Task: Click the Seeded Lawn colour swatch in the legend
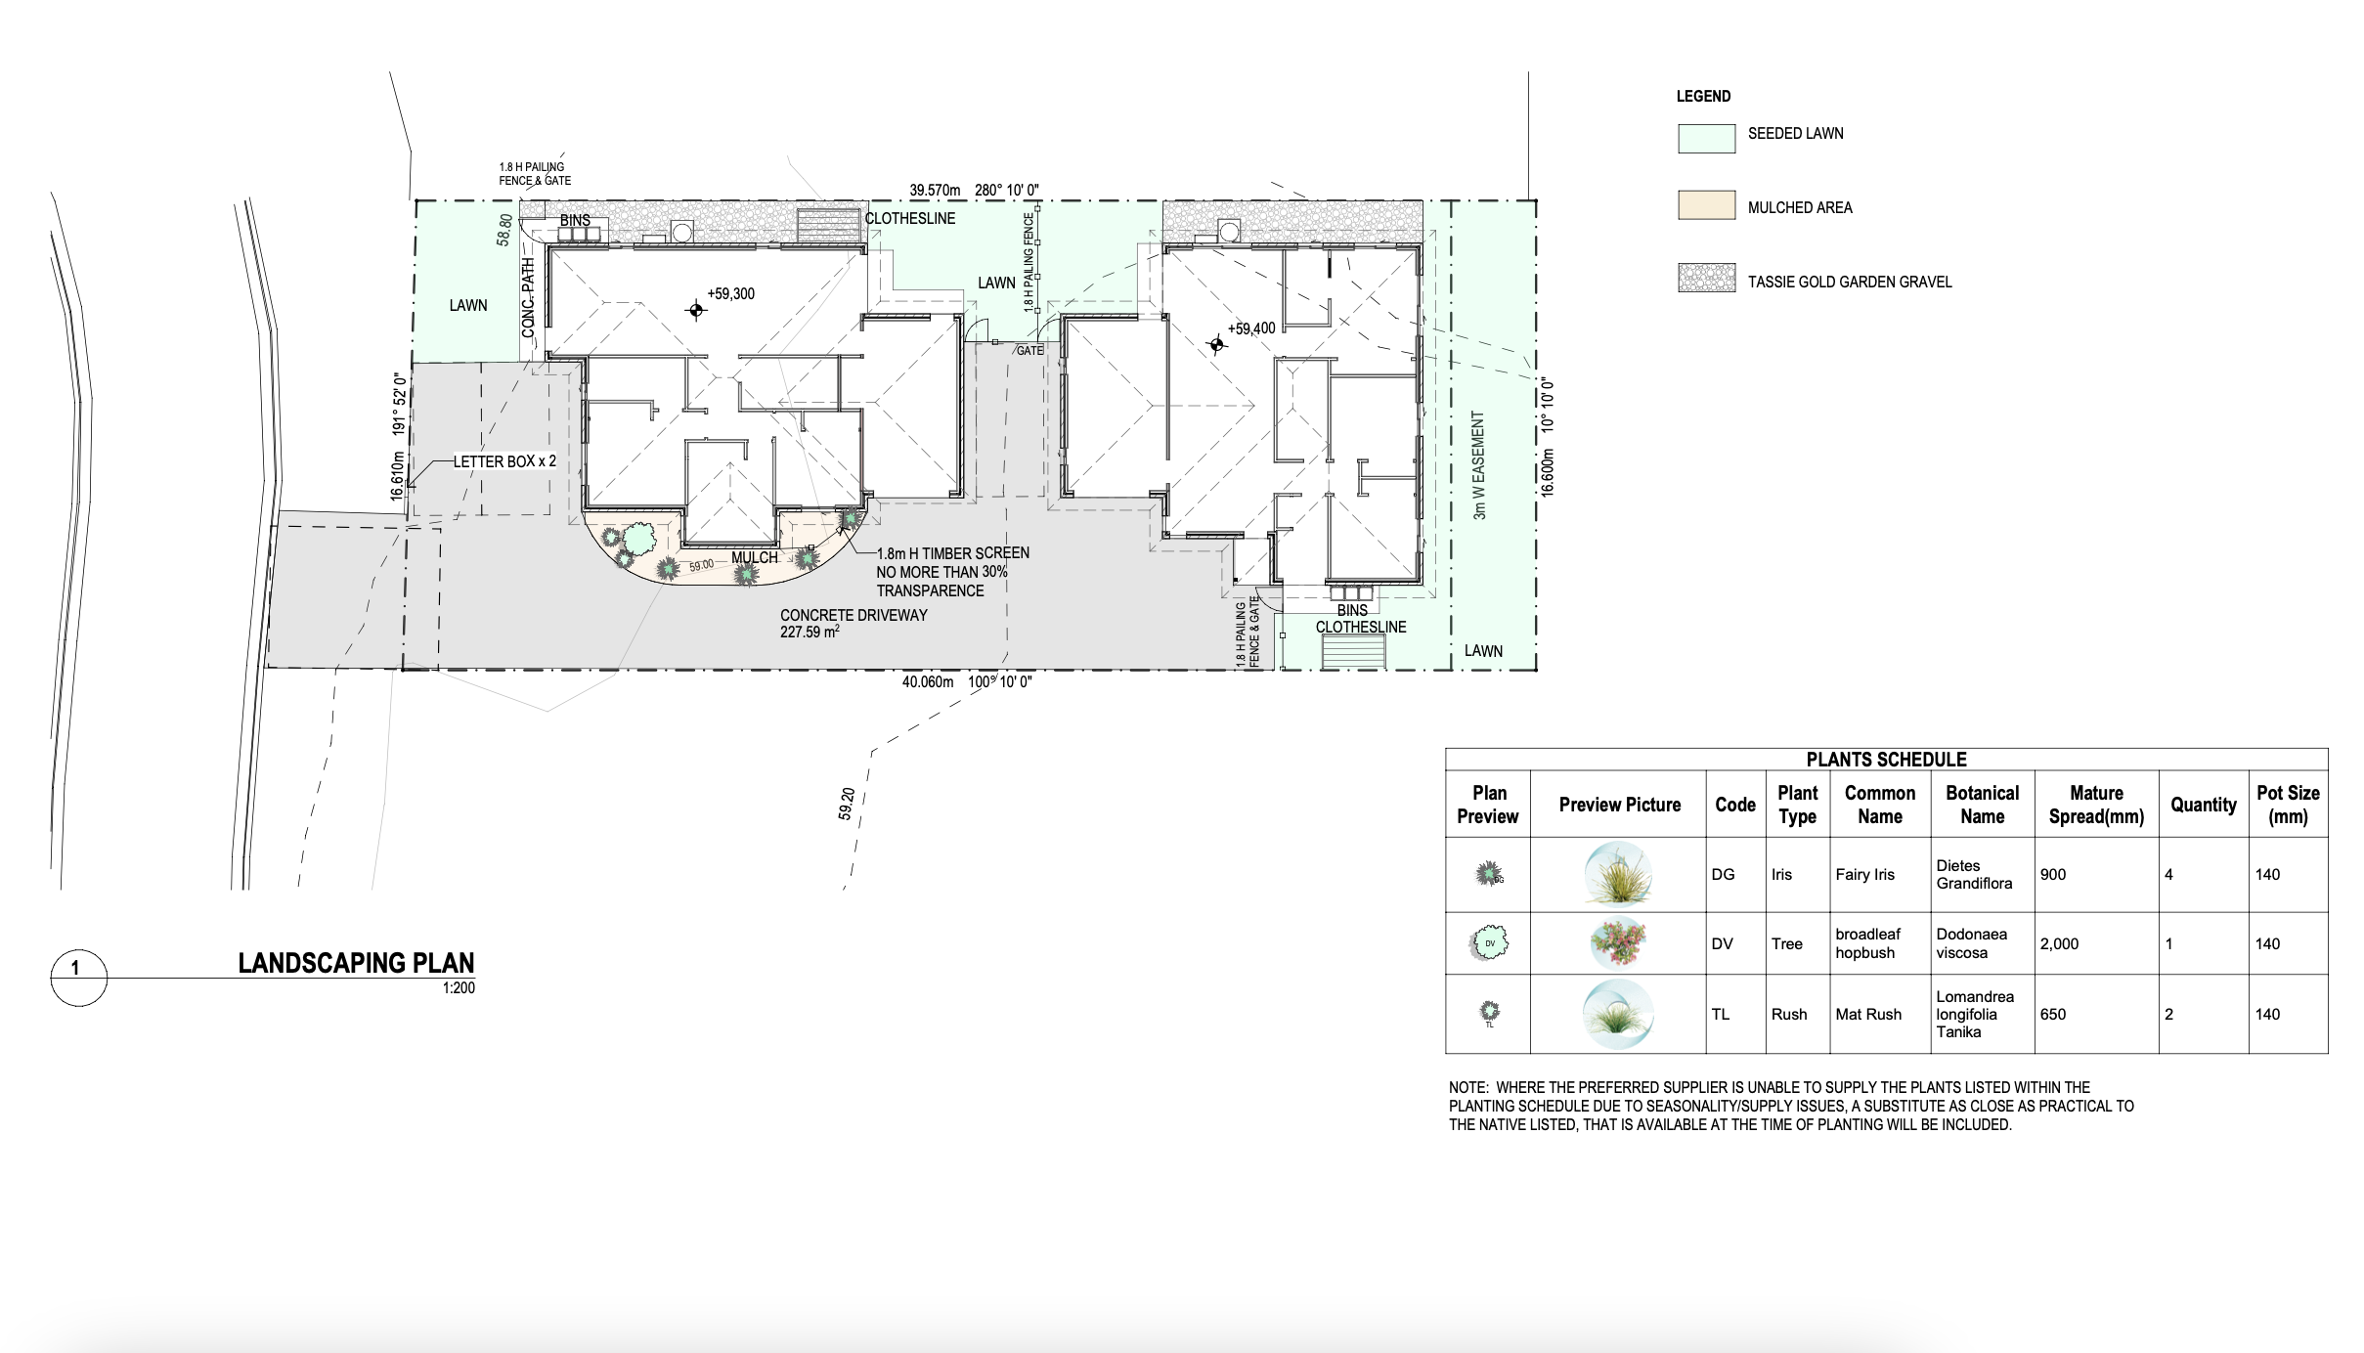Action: [x=1707, y=138]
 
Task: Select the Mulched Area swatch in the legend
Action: [x=1707, y=204]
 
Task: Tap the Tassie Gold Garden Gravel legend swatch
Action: [x=1707, y=278]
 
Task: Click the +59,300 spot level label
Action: [x=731, y=293]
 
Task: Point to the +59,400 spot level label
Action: [x=1251, y=328]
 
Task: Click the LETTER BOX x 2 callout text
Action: [x=504, y=461]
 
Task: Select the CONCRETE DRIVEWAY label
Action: [x=854, y=615]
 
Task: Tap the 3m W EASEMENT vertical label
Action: [x=1479, y=464]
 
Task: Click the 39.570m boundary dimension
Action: [x=936, y=190]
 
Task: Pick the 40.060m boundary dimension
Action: [x=928, y=681]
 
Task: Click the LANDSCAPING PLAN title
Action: [x=356, y=963]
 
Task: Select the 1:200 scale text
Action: [x=459, y=988]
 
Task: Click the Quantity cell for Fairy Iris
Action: [x=2168, y=875]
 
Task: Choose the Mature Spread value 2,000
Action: [x=2059, y=944]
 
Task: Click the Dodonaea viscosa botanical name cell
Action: [x=1971, y=943]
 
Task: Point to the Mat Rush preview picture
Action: [x=1618, y=1014]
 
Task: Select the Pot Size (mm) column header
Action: [x=2288, y=805]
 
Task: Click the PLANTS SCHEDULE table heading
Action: [x=1886, y=760]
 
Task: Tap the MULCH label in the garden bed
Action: [x=755, y=557]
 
